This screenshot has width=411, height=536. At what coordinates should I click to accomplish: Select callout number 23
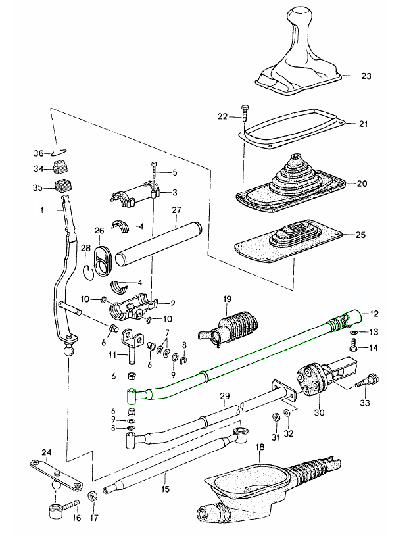tap(366, 76)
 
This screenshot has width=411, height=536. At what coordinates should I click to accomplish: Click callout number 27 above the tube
tap(176, 210)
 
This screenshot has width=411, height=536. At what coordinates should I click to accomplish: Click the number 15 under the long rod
tap(165, 490)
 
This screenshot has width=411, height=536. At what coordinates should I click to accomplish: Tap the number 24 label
tap(45, 452)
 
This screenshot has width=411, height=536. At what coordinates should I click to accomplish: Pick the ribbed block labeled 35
tap(62, 185)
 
